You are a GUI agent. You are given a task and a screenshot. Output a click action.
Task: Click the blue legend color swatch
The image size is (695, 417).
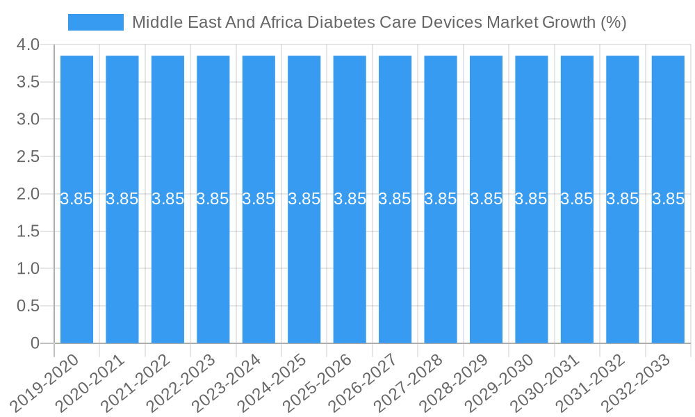coord(95,22)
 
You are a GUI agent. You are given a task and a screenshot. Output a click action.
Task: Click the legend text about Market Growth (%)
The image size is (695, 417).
coord(379,22)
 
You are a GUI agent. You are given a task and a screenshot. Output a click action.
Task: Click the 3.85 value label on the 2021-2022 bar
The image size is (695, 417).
coord(167,199)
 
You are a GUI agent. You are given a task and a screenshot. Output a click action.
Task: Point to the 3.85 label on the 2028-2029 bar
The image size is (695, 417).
coord(486,199)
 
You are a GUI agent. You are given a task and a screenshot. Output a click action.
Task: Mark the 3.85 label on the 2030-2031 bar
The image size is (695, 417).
coord(577,199)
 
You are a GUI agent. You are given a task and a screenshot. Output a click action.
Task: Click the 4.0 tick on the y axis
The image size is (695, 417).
coord(28,45)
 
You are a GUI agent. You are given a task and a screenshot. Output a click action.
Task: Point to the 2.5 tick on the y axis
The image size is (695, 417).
coord(28,157)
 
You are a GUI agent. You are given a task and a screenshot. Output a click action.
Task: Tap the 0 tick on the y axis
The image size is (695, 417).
coord(35,343)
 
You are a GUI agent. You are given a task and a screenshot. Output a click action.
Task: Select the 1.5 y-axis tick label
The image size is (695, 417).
coord(28,231)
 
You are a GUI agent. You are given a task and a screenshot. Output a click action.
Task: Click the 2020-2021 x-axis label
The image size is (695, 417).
coord(91,382)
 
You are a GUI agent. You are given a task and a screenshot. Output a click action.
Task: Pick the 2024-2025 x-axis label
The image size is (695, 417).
coord(273,382)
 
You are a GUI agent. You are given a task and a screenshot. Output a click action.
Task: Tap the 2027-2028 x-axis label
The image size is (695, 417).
coord(409,382)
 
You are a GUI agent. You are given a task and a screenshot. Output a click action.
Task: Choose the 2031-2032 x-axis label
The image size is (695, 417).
coord(591,382)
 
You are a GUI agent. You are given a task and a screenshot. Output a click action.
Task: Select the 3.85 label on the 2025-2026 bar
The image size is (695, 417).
coord(350,199)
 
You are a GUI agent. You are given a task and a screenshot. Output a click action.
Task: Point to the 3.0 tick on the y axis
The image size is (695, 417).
coord(28,120)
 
